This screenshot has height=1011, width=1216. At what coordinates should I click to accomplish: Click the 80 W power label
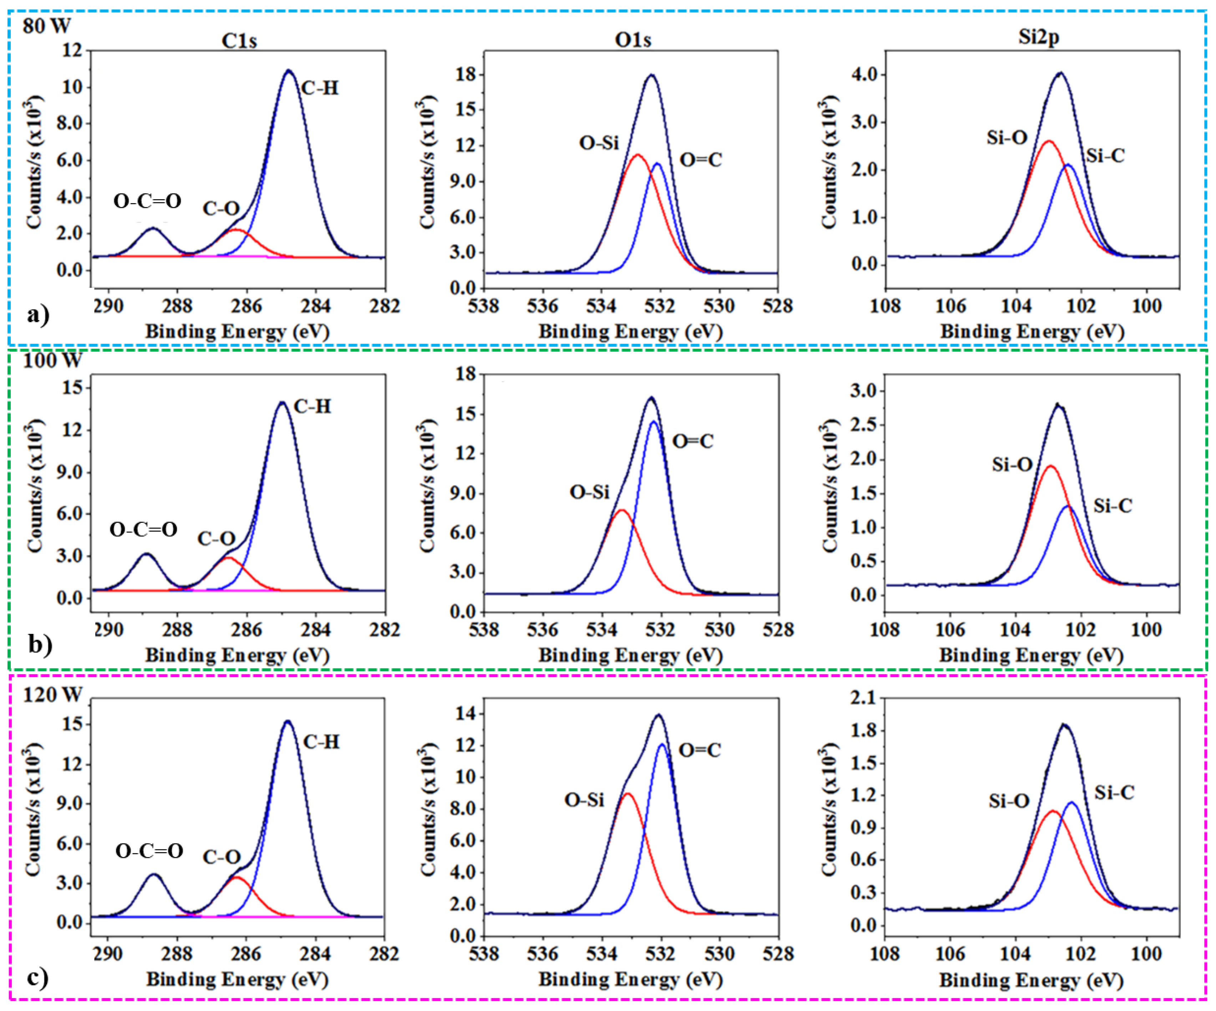pyautogui.click(x=46, y=26)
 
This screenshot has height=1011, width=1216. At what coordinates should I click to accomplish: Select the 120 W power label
pyautogui.click(x=52, y=694)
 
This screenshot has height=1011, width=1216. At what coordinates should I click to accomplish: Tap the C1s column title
pyautogui.click(x=239, y=41)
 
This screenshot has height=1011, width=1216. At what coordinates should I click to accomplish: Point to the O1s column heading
pyautogui.click(x=633, y=39)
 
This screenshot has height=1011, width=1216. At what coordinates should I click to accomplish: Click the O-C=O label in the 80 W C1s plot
pyautogui.click(x=147, y=201)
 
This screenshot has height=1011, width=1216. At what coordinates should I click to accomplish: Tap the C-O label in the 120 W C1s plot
pyautogui.click(x=221, y=857)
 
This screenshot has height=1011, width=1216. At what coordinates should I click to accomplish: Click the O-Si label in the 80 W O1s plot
pyautogui.click(x=599, y=142)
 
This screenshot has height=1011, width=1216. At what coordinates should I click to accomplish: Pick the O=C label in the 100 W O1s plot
pyautogui.click(x=693, y=441)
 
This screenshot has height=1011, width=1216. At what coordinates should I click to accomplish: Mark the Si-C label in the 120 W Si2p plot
pyautogui.click(x=1114, y=792)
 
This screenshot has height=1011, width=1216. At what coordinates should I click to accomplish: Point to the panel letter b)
pyautogui.click(x=39, y=644)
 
